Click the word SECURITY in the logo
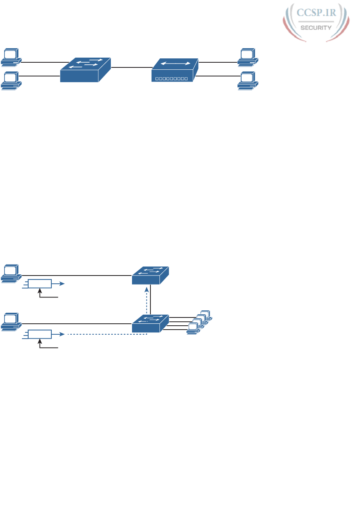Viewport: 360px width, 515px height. pyautogui.click(x=316, y=28)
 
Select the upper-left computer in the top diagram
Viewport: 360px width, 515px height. pyautogui.click(x=11, y=57)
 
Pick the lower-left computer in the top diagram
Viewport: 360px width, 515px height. pyautogui.click(x=11, y=80)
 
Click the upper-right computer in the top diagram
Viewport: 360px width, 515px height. pyautogui.click(x=247, y=57)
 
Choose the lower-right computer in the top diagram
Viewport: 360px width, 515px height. pyautogui.click(x=247, y=80)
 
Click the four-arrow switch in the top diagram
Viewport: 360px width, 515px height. pyautogui.click(x=86, y=70)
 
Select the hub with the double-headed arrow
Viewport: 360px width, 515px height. pyautogui.click(x=175, y=70)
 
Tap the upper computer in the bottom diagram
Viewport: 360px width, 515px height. pyautogui.click(x=11, y=274)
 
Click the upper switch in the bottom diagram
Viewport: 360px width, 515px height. pyautogui.click(x=150, y=275)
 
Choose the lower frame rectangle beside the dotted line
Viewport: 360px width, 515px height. pyautogui.click(x=40, y=334)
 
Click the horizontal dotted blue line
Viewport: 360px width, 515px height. pyautogui.click(x=106, y=334)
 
